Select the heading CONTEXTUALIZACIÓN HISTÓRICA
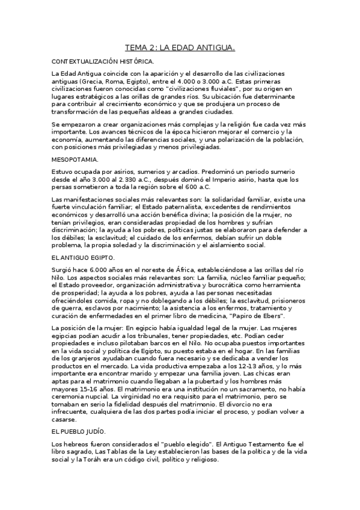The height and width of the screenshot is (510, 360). coord(103,61)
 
